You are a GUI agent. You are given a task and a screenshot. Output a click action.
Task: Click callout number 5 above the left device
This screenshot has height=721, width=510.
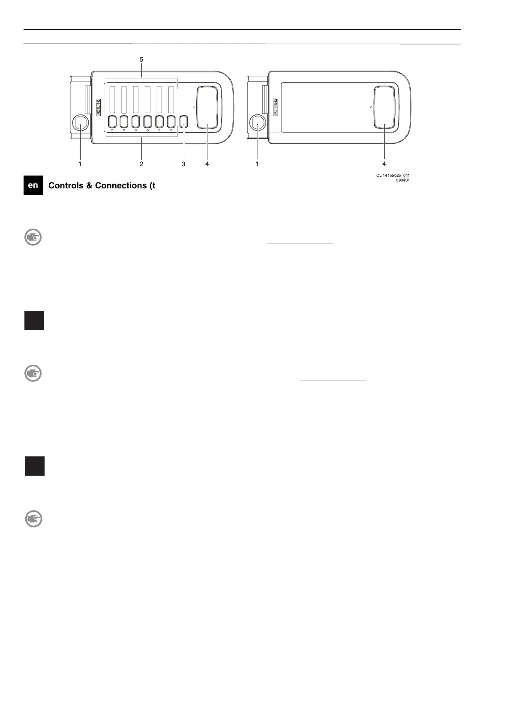141,60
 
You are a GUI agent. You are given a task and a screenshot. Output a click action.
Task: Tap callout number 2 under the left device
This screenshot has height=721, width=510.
141,164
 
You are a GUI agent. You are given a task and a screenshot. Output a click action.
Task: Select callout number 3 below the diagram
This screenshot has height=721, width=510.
183,164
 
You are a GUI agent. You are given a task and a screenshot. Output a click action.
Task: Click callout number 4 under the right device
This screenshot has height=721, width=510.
384,164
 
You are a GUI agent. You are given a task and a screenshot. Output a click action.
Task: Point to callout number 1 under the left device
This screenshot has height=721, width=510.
80,164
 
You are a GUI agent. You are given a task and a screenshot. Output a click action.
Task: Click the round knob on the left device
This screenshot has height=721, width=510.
80,123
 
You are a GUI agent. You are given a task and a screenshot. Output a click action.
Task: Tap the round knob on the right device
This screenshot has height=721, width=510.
257,123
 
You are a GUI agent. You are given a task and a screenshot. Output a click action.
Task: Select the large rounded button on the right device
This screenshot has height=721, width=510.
384,107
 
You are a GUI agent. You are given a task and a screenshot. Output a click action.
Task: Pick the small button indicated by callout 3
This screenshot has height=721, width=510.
184,122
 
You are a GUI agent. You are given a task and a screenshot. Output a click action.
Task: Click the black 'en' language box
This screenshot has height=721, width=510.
33,186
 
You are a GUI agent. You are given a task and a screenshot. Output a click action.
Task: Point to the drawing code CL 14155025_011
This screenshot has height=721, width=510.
390,175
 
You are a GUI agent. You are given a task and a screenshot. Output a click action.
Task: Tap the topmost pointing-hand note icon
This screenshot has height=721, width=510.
33,237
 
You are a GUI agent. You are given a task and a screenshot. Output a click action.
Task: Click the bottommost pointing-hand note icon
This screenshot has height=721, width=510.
33,519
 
